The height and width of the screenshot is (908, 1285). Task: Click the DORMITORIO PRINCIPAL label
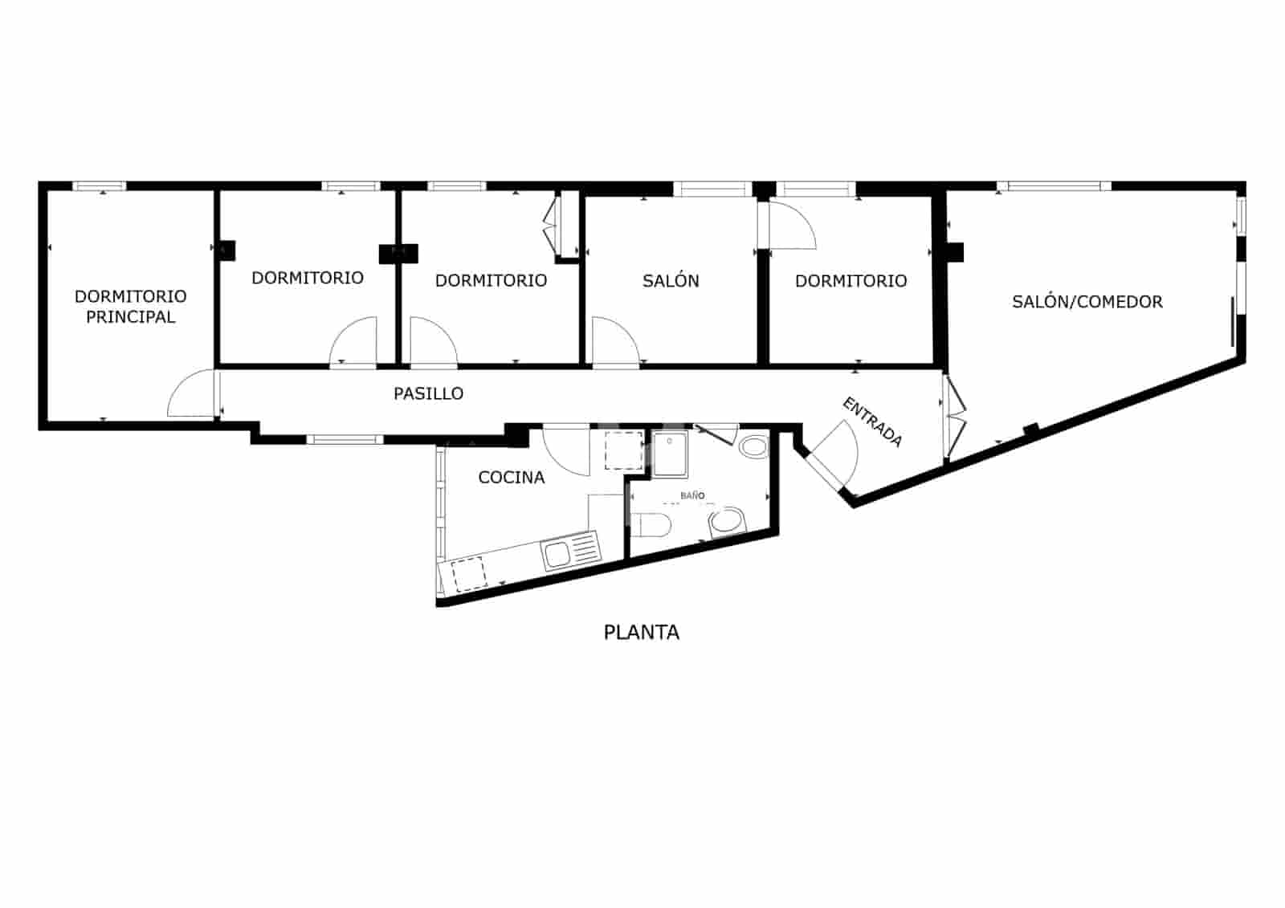pos(130,307)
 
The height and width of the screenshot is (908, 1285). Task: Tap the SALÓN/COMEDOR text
pos(1087,302)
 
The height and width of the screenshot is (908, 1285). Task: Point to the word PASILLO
pos(428,393)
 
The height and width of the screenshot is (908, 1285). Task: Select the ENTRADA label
pos(872,421)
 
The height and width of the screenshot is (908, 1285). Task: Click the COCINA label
pos(511,478)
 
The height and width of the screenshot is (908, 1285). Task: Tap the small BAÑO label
pos(692,496)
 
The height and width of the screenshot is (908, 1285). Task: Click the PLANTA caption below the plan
pos(641,633)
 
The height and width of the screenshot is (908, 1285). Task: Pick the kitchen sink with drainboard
pos(571,552)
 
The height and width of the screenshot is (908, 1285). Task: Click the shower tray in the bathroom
pos(670,454)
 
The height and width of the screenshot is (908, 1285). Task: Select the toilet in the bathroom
pos(651,526)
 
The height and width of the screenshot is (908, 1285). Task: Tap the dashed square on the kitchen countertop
pos(467,575)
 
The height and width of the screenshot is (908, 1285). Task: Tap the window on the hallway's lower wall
pos(345,439)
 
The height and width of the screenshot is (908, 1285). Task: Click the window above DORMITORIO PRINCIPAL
pos(100,186)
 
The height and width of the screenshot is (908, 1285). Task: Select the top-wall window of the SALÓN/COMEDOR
pos(1054,186)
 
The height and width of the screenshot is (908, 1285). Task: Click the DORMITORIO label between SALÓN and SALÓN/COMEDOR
pos(851,281)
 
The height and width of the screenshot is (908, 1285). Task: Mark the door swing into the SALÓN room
pos(614,342)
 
